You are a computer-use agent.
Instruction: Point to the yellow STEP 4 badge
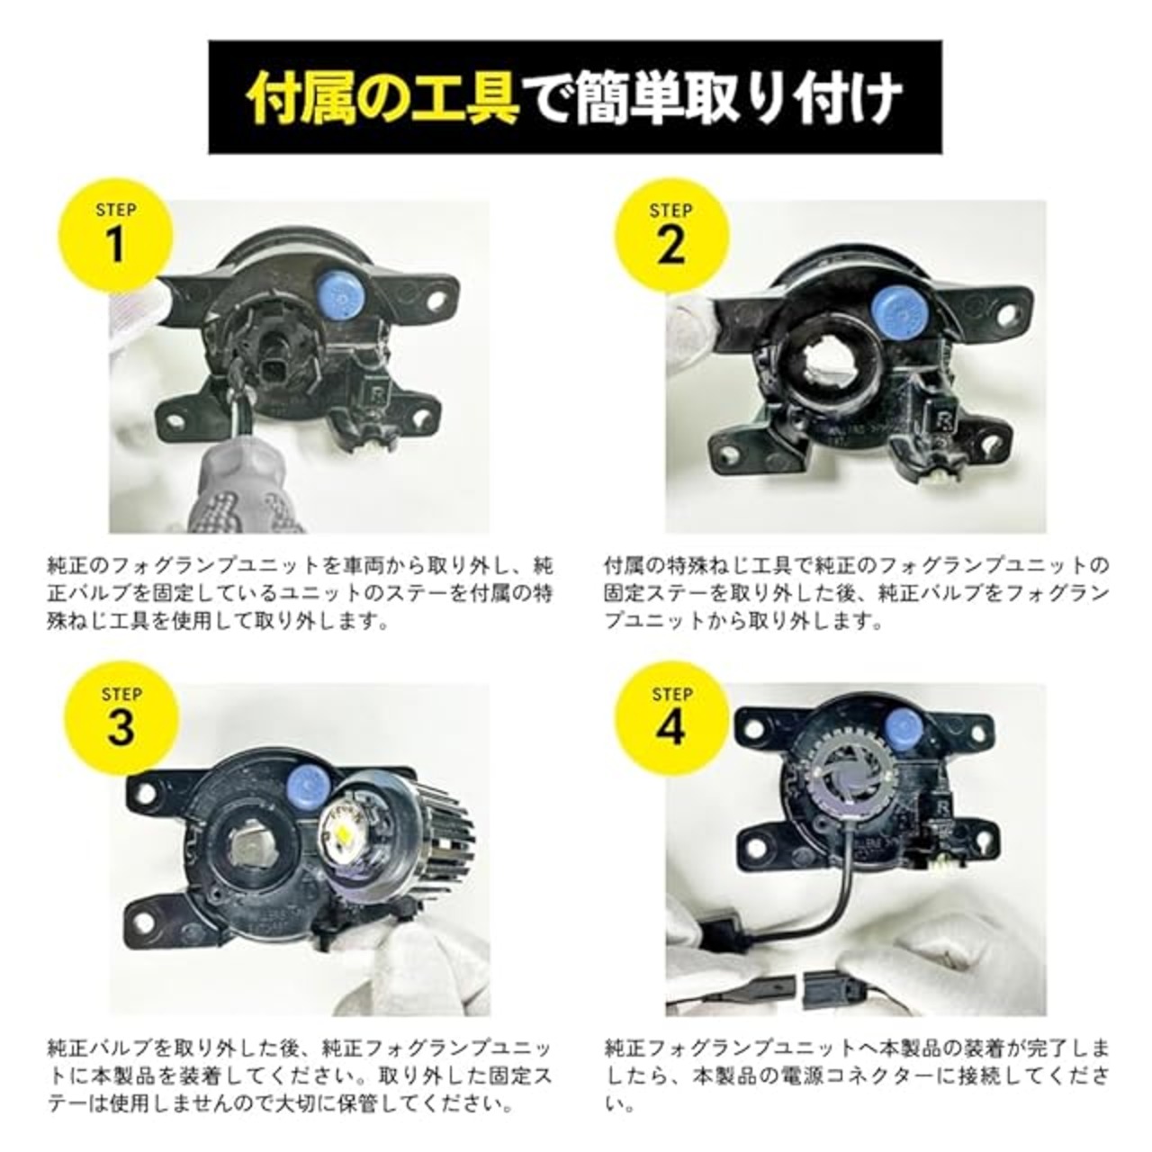[672, 720]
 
